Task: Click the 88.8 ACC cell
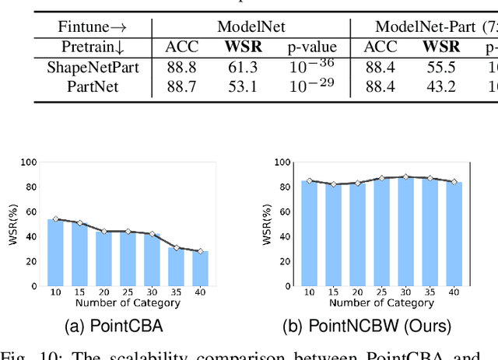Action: pyautogui.click(x=181, y=68)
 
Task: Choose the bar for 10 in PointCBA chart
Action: pyautogui.click(x=55, y=253)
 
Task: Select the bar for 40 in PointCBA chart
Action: pyautogui.click(x=201, y=268)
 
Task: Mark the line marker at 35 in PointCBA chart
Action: pyautogui.click(x=177, y=248)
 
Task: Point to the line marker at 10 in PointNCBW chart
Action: pyautogui.click(x=309, y=180)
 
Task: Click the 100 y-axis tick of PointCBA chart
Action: pyautogui.click(x=28, y=163)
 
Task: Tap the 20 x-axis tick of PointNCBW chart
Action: pyautogui.click(x=357, y=292)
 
